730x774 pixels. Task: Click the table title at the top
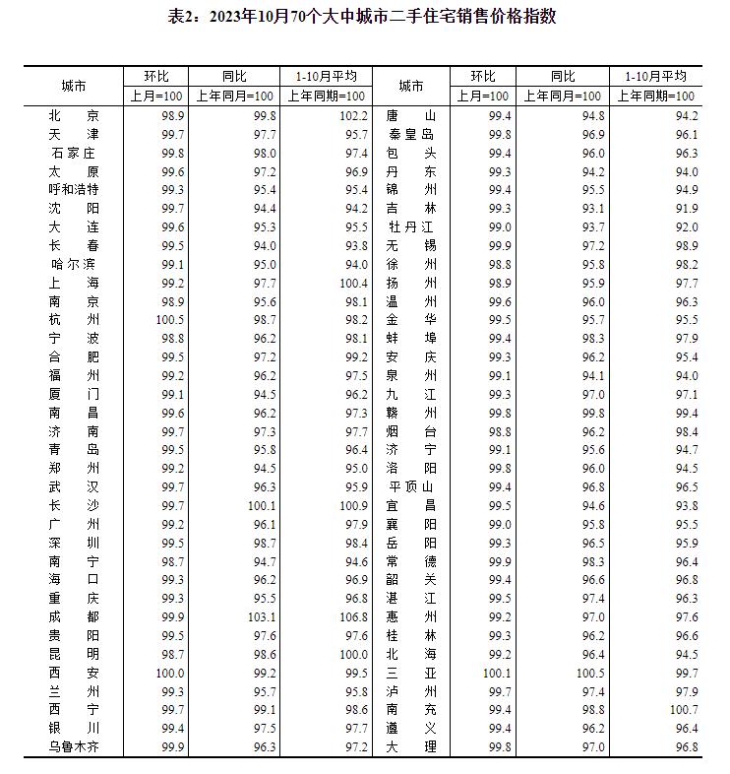coord(363,17)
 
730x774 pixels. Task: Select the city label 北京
coord(74,115)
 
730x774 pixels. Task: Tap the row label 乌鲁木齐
coord(74,747)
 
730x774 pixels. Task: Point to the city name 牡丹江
coord(410,226)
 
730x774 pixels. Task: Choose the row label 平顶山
coord(410,487)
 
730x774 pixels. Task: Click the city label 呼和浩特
coord(74,189)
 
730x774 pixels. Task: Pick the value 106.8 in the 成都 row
coord(353,617)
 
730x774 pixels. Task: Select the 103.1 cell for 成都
coord(263,617)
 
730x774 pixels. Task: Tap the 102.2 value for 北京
coord(353,115)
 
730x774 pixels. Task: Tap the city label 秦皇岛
coord(410,134)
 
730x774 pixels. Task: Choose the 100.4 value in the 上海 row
coord(353,283)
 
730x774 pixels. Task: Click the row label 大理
coord(410,747)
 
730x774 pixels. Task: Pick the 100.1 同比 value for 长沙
coord(263,505)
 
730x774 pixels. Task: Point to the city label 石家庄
coord(74,153)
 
